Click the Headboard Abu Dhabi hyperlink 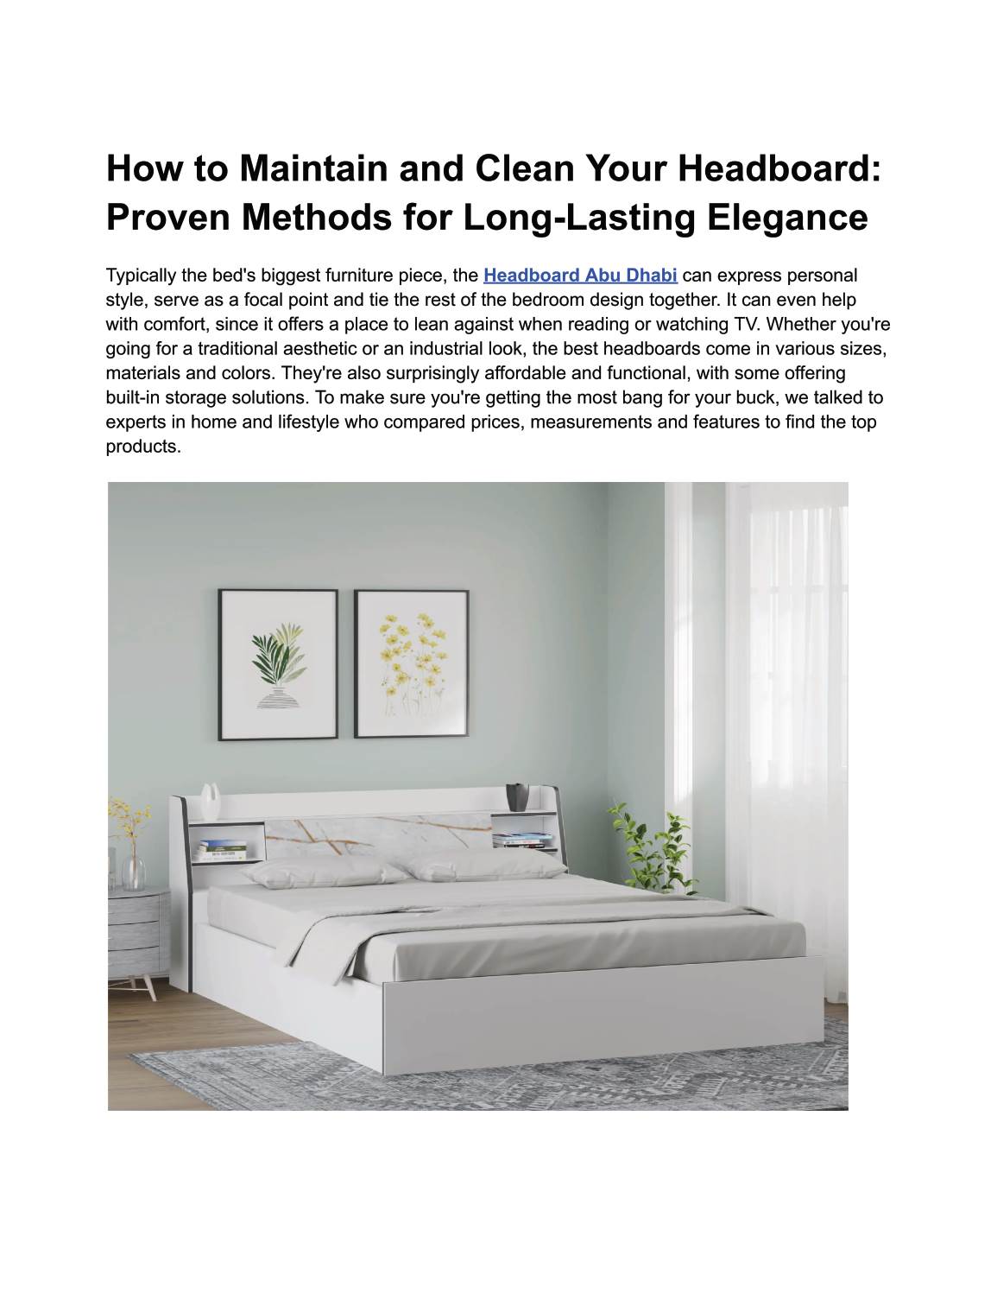pyautogui.click(x=580, y=276)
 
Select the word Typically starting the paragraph pyautogui.click(x=142, y=276)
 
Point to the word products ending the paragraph pyautogui.click(x=142, y=447)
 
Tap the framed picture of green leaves pyautogui.click(x=277, y=663)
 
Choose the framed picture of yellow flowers pyautogui.click(x=411, y=663)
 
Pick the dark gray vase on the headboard pyautogui.click(x=518, y=796)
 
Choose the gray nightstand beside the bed pyautogui.click(x=136, y=936)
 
